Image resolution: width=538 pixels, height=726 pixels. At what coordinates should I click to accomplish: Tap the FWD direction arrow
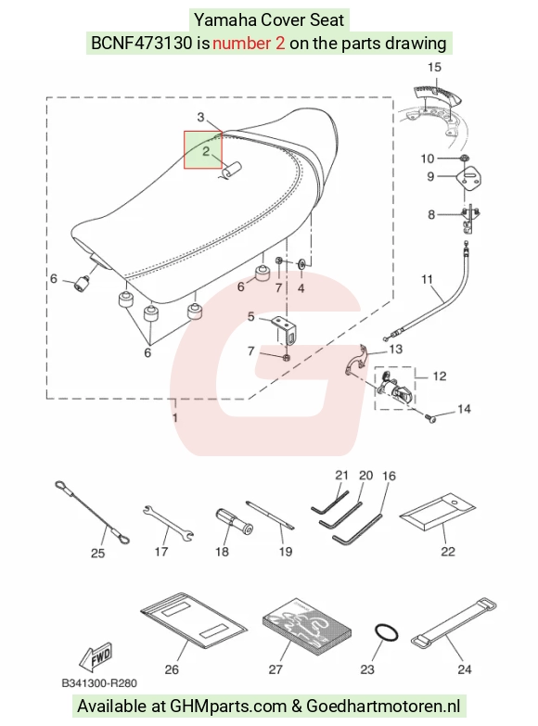[96, 657]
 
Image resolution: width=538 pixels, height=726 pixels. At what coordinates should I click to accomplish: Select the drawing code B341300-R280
[99, 683]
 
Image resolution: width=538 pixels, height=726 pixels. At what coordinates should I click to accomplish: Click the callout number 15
[434, 67]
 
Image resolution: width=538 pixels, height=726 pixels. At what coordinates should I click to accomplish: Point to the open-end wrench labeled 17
[168, 523]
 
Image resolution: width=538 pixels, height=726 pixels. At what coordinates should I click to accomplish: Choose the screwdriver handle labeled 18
[234, 522]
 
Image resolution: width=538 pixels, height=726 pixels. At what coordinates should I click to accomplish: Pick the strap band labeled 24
[454, 624]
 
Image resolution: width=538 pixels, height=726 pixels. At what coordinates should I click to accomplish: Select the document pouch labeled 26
[194, 620]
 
